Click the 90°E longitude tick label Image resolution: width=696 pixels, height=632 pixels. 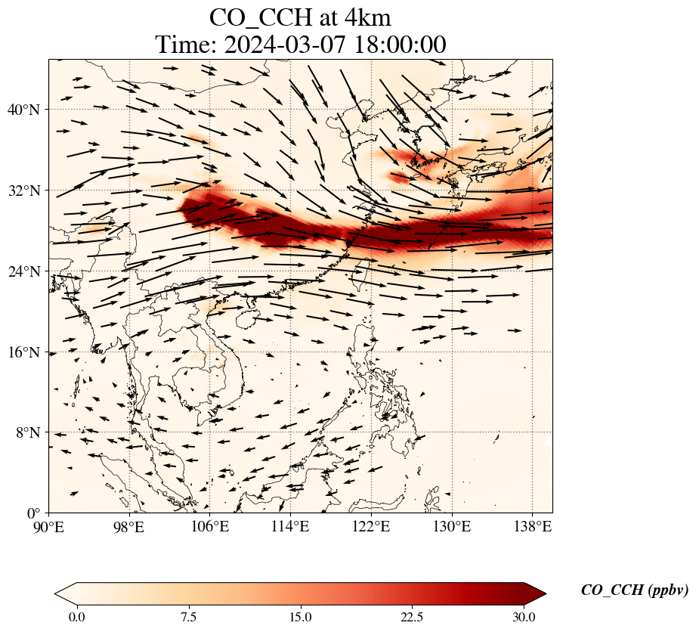(49, 526)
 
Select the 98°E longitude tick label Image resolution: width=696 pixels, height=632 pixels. (129, 526)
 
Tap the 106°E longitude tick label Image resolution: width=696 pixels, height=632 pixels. (210, 526)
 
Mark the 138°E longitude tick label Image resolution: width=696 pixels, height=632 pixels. (532, 526)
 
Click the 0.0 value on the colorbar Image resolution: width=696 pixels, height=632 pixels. (76, 617)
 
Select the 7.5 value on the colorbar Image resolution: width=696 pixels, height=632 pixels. (188, 617)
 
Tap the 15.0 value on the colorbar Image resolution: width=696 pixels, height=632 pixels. (300, 617)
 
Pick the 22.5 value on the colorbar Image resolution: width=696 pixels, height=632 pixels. (412, 617)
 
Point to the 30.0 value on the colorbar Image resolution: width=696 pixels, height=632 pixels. (524, 617)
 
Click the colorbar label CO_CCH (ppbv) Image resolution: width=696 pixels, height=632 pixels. (634, 590)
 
